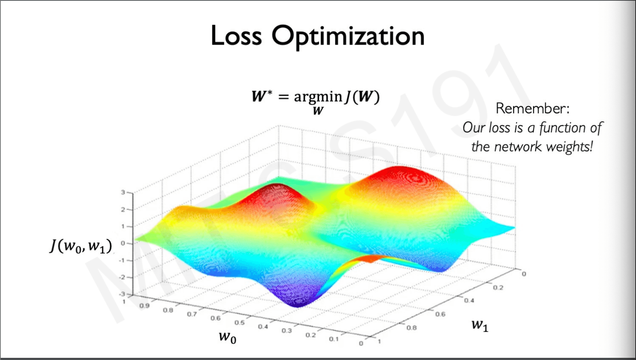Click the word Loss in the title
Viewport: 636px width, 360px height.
coord(236,36)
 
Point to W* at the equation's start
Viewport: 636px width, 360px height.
coord(262,96)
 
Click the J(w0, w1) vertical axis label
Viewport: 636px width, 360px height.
coord(81,245)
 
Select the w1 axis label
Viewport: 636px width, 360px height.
coord(480,325)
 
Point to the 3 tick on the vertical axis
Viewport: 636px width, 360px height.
coord(123,192)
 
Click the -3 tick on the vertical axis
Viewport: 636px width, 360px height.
coord(122,294)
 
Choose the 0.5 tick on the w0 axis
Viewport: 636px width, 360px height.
coord(240,322)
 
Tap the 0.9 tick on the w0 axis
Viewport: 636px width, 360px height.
coord(144,305)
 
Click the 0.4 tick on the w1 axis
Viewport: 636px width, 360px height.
coord(469,300)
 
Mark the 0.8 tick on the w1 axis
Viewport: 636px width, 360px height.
coord(411,327)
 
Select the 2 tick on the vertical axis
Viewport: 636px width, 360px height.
coord(123,209)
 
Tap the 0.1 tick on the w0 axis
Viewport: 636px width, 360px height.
coord(334,339)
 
